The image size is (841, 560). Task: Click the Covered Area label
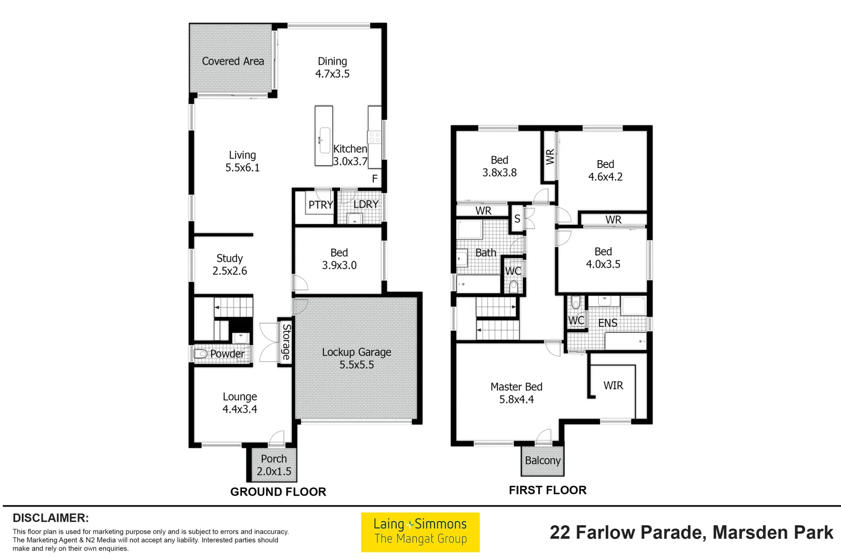[x=233, y=61]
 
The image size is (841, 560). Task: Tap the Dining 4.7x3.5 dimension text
[x=332, y=74]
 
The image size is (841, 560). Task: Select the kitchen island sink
[x=324, y=140]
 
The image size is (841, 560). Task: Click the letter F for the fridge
[x=375, y=179]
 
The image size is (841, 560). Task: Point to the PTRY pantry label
[x=320, y=205]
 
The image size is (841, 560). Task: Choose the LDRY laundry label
[x=365, y=204]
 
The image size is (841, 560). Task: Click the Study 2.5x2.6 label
[x=229, y=264]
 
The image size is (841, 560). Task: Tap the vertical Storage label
[x=286, y=342]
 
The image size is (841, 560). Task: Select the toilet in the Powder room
[x=200, y=354]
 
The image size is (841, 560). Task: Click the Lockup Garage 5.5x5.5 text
[x=357, y=358]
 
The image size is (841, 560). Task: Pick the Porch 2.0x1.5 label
[x=274, y=465]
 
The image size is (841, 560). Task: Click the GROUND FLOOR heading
[x=278, y=492]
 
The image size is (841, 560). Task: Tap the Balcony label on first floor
[x=542, y=460]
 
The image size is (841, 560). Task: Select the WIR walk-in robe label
[x=613, y=386]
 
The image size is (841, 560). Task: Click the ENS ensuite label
[x=607, y=323]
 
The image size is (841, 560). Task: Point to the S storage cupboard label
[x=517, y=219]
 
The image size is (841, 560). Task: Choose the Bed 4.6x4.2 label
[x=605, y=171]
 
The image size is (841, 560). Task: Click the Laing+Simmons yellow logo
[x=420, y=532]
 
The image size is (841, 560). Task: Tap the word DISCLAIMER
[x=50, y=518]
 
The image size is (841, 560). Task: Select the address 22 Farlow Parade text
[x=691, y=533]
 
